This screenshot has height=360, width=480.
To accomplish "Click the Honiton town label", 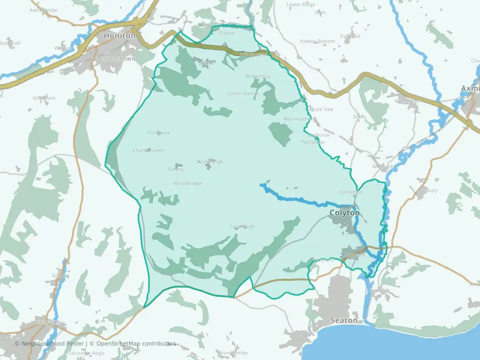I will (119, 36).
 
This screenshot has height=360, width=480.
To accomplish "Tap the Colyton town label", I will (344, 213).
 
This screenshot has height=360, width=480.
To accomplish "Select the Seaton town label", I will (344, 320).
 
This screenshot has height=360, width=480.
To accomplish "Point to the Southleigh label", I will (242, 226).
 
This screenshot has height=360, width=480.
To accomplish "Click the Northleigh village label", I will (210, 162).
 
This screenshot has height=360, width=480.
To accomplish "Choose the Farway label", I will (176, 169).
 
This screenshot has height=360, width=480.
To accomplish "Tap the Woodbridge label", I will (187, 183).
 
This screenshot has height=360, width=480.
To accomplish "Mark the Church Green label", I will (148, 150).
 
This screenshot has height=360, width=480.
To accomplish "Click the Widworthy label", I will (257, 76).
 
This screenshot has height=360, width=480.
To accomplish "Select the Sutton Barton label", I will (243, 93).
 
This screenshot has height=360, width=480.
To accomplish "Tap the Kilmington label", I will (406, 101).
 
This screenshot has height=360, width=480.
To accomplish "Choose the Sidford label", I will (48, 323).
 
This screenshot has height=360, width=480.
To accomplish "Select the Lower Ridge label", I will (301, 4).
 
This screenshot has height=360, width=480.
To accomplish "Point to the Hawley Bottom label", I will (317, 41).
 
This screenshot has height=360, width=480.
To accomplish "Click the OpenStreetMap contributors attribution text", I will (136, 343).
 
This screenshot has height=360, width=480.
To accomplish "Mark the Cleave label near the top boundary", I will (226, 33).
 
